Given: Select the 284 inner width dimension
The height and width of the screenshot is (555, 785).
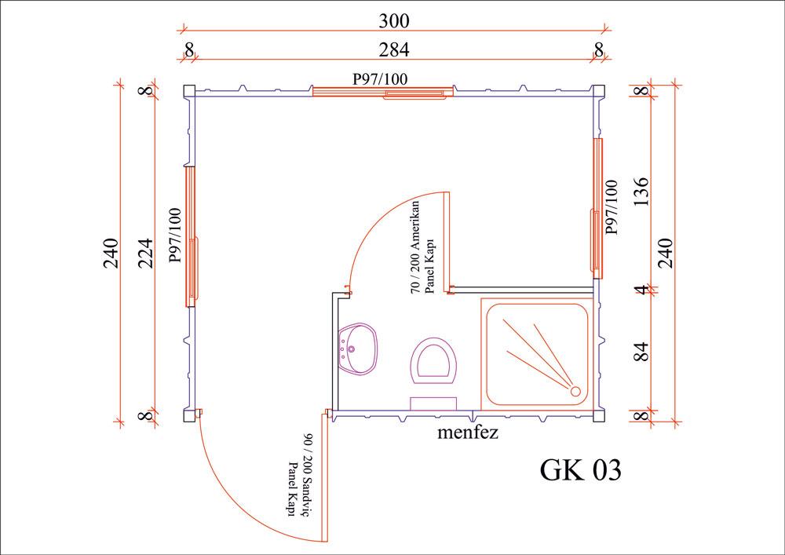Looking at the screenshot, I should [395, 49].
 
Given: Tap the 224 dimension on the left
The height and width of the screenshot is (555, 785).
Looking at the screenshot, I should [144, 253].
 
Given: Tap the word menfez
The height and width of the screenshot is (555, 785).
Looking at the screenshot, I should [469, 432].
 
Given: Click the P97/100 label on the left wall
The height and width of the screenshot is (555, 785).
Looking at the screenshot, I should [175, 235].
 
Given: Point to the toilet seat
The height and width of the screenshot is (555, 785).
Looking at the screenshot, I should [435, 362].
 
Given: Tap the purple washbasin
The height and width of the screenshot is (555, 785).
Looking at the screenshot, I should [358, 349].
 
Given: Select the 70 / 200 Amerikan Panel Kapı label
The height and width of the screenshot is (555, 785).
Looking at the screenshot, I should [422, 247].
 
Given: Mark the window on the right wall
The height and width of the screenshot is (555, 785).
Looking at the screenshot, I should [597, 208].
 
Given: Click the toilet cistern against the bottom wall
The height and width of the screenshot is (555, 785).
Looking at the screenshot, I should [434, 403].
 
